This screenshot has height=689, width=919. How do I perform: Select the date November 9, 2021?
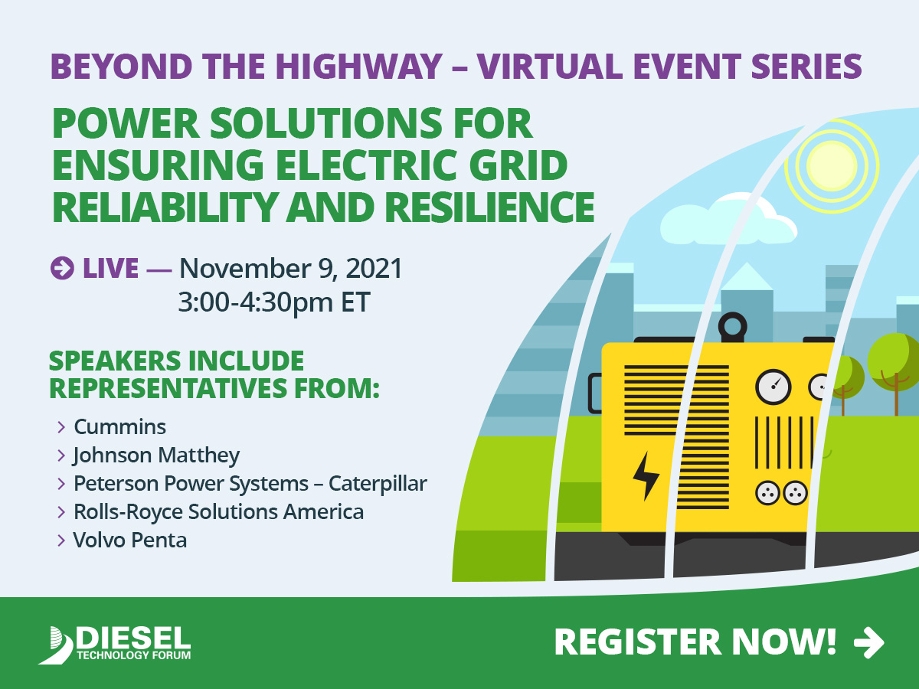click(290, 268)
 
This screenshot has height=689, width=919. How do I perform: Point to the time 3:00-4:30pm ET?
click(274, 302)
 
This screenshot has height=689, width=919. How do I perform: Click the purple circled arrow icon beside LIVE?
click(62, 268)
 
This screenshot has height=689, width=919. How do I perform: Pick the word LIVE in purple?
click(110, 268)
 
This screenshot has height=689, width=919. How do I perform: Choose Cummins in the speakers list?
click(119, 426)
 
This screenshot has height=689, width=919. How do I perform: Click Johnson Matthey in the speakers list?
click(156, 456)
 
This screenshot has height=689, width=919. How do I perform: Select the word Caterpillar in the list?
click(378, 484)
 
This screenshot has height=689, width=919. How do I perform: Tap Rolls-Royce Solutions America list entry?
click(218, 511)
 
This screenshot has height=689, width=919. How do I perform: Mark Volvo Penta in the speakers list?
click(129, 540)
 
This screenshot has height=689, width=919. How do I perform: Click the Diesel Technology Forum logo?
click(114, 645)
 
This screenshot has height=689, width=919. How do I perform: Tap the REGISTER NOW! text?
click(695, 642)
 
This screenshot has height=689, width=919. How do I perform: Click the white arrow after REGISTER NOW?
click(869, 642)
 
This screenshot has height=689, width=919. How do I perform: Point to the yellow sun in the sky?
click(832, 165)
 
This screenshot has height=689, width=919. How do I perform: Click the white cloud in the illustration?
click(728, 220)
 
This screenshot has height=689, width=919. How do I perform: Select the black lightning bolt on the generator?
click(646, 475)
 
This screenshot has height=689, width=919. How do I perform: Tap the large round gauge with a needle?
click(773, 387)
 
